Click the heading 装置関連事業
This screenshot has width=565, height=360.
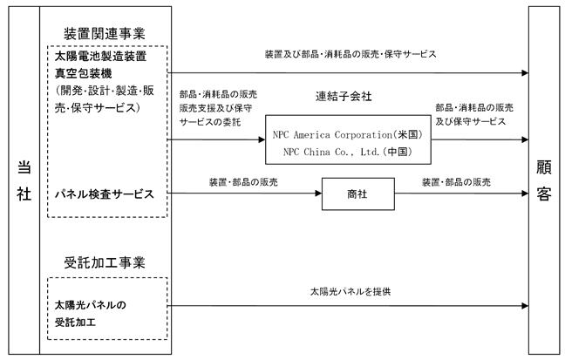[105, 34]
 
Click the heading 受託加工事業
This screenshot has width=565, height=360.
[105, 262]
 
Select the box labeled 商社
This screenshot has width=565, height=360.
[357, 194]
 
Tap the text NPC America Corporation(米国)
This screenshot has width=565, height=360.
[347, 135]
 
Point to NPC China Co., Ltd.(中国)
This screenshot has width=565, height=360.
[347, 152]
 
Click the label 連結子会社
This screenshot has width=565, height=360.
[344, 96]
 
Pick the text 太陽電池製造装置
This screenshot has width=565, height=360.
[100, 56]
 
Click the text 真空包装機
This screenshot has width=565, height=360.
[83, 73]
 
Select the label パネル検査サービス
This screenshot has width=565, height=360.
[104, 194]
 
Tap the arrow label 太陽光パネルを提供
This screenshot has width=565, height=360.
[351, 291]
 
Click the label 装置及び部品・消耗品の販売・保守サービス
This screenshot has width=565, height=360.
[351, 54]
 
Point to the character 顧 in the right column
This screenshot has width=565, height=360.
[544, 167]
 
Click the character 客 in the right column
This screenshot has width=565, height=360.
[544, 194]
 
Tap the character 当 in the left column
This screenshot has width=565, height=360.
[24, 167]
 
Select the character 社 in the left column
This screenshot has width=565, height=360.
[24, 194]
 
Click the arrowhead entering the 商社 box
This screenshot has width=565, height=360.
[318, 194]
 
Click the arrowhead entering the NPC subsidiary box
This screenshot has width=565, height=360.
[262, 139]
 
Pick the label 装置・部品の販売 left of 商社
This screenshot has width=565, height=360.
[243, 182]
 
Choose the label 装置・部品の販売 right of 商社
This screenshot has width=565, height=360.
[456, 182]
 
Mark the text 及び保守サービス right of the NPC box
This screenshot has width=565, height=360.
[470, 121]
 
